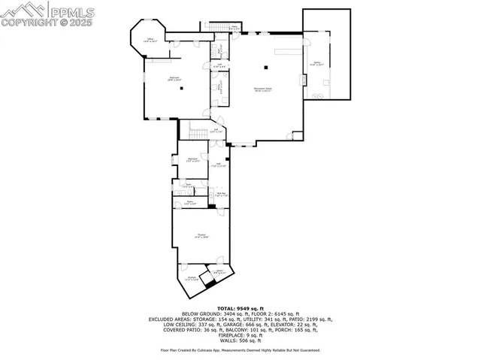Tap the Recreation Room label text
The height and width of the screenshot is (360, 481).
pos(263,89)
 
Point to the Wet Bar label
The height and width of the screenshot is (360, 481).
pos(222,195)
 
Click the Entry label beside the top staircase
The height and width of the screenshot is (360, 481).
pos(234,28)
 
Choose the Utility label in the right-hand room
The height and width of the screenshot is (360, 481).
pos(317,64)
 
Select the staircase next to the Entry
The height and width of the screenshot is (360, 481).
pos(219,28)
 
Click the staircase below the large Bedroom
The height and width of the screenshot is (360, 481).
pos(198,134)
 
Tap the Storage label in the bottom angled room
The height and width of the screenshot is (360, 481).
pos(192,278)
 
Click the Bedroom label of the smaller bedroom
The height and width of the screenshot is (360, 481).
pos(192,159)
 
